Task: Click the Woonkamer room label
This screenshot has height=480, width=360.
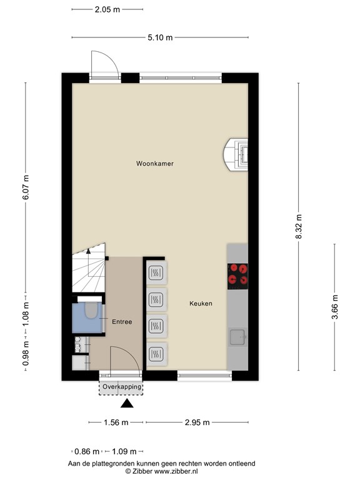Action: click(155, 164)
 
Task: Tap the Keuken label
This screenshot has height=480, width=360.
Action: click(201, 304)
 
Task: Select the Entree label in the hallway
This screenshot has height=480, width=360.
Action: click(122, 322)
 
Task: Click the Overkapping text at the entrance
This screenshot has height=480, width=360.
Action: click(121, 387)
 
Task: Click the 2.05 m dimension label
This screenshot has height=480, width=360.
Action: click(107, 9)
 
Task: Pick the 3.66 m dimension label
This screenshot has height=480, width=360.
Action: click(335, 306)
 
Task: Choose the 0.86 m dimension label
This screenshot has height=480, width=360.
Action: click(86, 451)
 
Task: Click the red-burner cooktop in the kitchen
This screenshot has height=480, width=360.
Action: click(237, 275)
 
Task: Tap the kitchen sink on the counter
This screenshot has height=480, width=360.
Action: click(237, 337)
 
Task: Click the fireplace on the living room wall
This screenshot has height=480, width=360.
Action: click(237, 154)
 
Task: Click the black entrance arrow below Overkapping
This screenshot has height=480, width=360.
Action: click(127, 404)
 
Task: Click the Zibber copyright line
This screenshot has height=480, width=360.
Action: click(162, 471)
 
